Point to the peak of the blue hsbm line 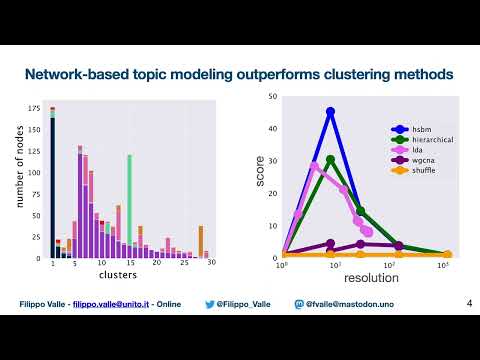pyautogui.click(x=330, y=112)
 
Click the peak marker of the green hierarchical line pyautogui.click(x=330, y=160)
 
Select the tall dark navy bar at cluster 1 pyautogui.click(x=52, y=185)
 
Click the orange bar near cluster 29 pyautogui.click(x=201, y=241)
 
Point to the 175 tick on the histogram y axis pyautogui.click(x=34, y=107)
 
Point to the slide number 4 pyautogui.click(x=469, y=302)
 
